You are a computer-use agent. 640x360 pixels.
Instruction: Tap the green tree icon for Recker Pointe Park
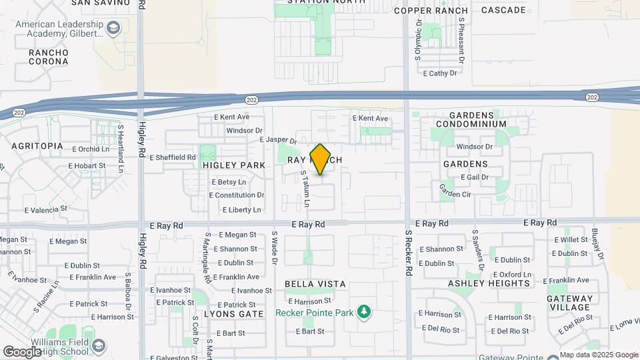pos(363,311)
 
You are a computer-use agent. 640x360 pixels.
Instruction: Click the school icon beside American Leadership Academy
pos(113,28)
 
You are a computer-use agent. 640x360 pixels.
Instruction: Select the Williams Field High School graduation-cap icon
pos(99,345)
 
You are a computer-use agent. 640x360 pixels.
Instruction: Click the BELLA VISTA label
pos(315,284)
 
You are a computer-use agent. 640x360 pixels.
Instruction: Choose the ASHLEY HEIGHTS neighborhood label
pos(489,283)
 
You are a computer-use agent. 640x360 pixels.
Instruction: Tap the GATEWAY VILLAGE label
pos(570,303)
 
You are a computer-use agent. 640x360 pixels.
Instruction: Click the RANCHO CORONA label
pos(48,57)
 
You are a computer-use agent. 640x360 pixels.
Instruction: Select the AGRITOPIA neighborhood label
pos(37,145)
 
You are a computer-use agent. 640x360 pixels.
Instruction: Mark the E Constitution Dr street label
pos(237,195)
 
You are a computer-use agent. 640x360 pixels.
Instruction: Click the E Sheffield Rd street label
pos(173,157)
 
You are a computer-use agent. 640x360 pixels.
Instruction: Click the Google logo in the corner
pos(23,351)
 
